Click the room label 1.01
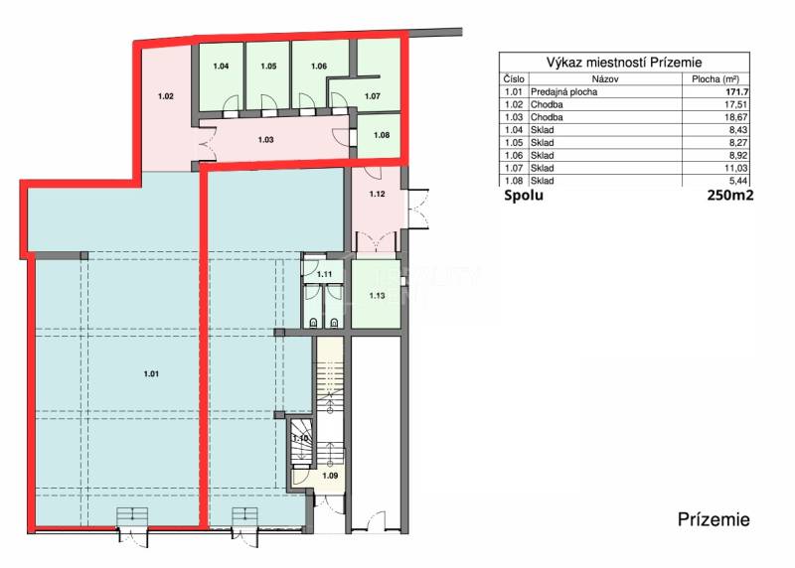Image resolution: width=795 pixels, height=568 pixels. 151,373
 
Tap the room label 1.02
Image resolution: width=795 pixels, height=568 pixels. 166,96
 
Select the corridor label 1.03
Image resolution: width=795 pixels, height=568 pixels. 265,140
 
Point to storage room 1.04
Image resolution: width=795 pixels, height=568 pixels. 222,67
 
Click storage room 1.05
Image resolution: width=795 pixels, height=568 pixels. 268,67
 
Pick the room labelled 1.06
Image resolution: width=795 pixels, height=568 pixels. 318,67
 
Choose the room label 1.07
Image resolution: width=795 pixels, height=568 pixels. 373,96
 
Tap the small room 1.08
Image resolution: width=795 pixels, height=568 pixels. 382,134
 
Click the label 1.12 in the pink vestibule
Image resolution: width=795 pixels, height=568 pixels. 375,195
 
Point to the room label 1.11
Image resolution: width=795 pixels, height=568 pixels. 324,274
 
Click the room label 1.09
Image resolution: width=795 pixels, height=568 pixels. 330,475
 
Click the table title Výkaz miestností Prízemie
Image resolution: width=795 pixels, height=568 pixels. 624,62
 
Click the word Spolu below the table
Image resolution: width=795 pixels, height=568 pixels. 524,196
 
